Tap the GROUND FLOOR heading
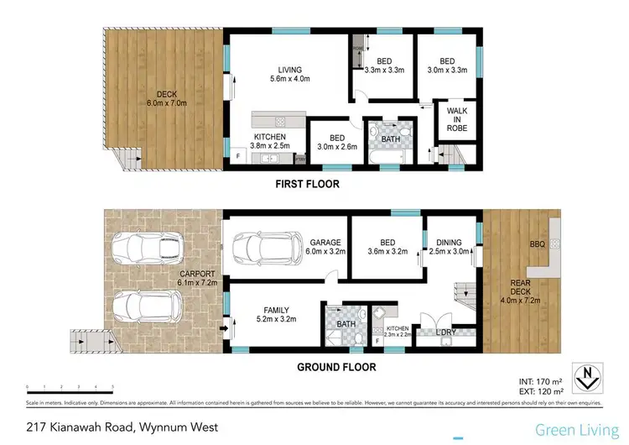point(336,367)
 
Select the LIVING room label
point(290,75)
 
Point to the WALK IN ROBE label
point(456,118)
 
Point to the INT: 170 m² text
point(545,383)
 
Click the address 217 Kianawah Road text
point(122,427)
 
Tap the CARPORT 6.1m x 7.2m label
point(197,279)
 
